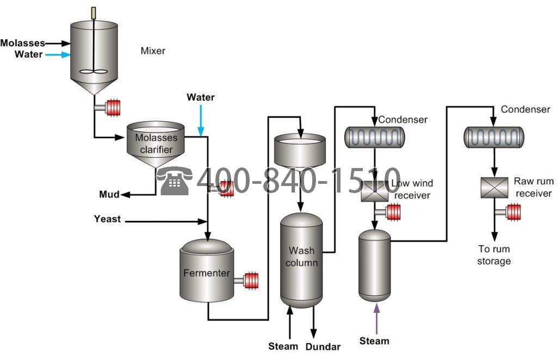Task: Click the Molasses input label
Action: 23,43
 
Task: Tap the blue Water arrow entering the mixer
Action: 58,55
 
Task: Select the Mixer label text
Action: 153,51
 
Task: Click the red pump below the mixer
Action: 113,108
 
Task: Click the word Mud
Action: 109,194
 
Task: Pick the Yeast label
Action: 107,219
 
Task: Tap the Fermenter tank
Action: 207,271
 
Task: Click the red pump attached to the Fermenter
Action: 251,281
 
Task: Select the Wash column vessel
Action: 301,260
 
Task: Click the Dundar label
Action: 323,346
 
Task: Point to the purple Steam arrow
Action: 376,318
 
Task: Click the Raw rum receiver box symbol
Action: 494,188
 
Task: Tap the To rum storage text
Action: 494,255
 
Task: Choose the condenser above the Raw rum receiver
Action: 494,137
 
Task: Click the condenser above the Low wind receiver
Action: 375,137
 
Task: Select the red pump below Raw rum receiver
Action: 514,212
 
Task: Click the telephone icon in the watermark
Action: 174,181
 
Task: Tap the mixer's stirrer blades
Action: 94,72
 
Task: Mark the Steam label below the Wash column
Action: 283,346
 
